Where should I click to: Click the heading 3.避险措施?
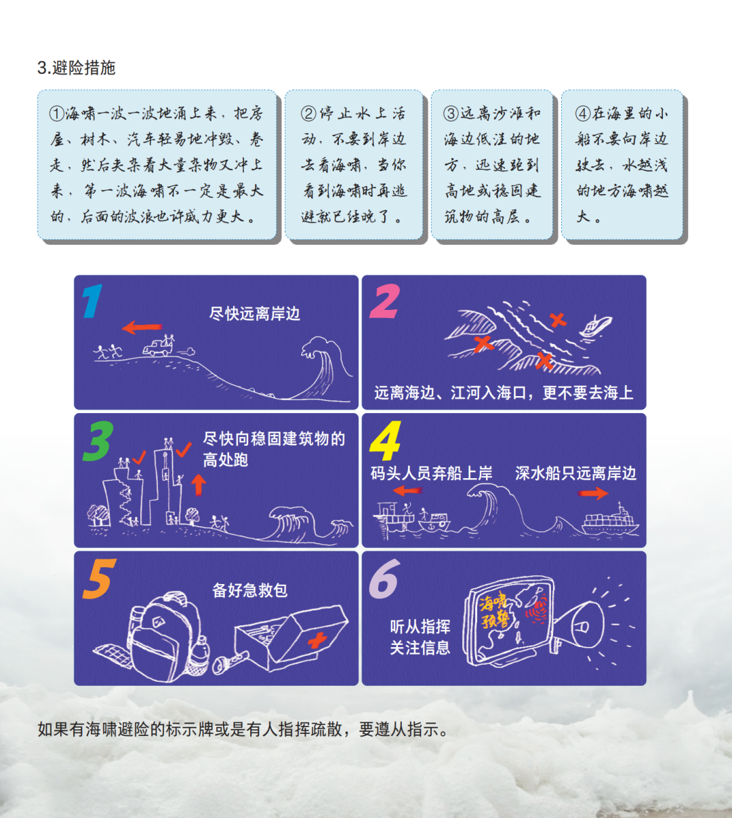pyautogui.click(x=77, y=68)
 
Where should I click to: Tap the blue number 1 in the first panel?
pyautogui.click(x=92, y=301)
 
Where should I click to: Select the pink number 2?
pyautogui.click(x=384, y=302)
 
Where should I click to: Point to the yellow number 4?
pyautogui.click(x=385, y=442)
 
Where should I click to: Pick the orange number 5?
pyautogui.click(x=99, y=579)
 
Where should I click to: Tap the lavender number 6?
pyautogui.click(x=384, y=580)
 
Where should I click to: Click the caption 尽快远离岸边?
pyautogui.click(x=255, y=314)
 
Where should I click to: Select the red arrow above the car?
pyautogui.click(x=142, y=328)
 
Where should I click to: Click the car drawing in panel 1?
pyautogui.click(x=158, y=348)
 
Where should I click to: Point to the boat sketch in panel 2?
pyautogui.click(x=595, y=327)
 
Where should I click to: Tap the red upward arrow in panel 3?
pyautogui.click(x=198, y=484)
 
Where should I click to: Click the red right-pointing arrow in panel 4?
pyautogui.click(x=593, y=493)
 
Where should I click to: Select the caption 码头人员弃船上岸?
pyautogui.click(x=431, y=473)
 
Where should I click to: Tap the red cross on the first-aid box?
pyautogui.click(x=317, y=639)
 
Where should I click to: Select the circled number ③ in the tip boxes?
pyautogui.click(x=451, y=113)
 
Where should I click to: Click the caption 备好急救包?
pyautogui.click(x=250, y=590)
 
